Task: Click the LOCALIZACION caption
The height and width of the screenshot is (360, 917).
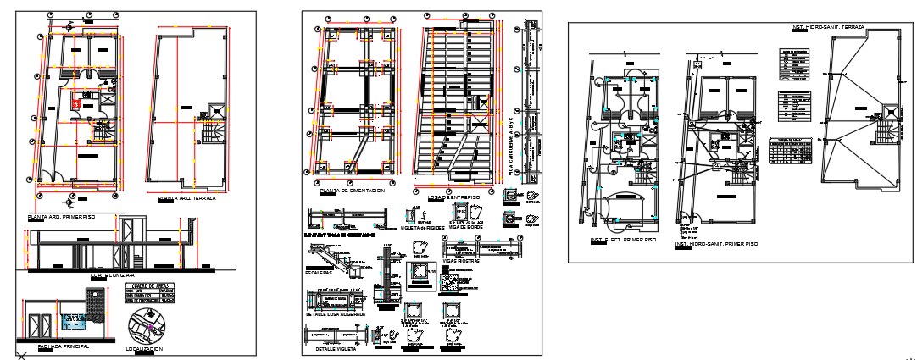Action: pos(144,349)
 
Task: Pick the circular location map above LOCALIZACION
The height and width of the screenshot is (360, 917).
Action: pos(146,324)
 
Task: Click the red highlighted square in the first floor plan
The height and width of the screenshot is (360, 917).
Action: pos(77,102)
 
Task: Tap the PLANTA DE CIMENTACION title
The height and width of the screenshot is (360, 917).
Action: pos(352,191)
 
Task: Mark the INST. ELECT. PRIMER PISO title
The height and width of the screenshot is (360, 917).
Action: pos(624,240)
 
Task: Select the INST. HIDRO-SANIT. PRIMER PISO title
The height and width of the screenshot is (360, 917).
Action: pos(716,244)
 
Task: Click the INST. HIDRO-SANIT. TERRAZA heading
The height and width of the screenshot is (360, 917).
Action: pos(827,27)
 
